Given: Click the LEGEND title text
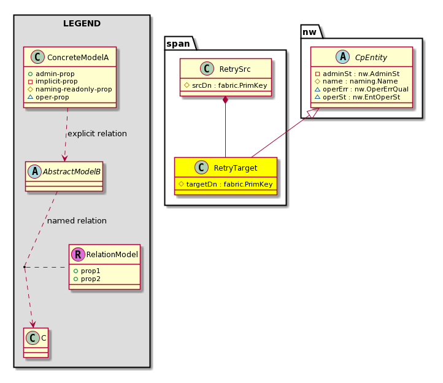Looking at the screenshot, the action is pos(82,23).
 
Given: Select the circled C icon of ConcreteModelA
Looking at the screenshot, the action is pos(37,57).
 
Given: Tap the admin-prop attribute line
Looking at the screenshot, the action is pos(51,74).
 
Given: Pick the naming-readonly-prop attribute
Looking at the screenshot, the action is pos(70,90).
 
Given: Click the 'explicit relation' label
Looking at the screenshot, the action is pos(97,133).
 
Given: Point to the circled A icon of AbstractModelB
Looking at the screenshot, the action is pos(35,171).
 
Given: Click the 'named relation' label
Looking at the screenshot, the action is pos(77,220).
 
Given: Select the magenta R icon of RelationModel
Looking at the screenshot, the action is pos(79,254).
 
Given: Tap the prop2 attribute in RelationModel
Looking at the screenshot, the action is pos(87,279).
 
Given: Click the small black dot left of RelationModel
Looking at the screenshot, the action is pos(25,267).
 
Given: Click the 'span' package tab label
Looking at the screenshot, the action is pos(178,44).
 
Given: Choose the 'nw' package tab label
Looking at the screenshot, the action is pos(309,32).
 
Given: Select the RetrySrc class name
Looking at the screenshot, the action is pos(235,69).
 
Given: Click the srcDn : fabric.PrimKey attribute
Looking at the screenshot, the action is pos(225,85).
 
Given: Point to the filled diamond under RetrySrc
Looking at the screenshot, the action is pos(225,100).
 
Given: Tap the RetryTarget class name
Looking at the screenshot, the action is pos(236,168).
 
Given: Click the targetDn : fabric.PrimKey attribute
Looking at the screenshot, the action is pos(226,184).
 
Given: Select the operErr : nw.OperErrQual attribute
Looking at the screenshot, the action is pos(361,90).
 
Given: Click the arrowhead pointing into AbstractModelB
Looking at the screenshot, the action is pos(64,158).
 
